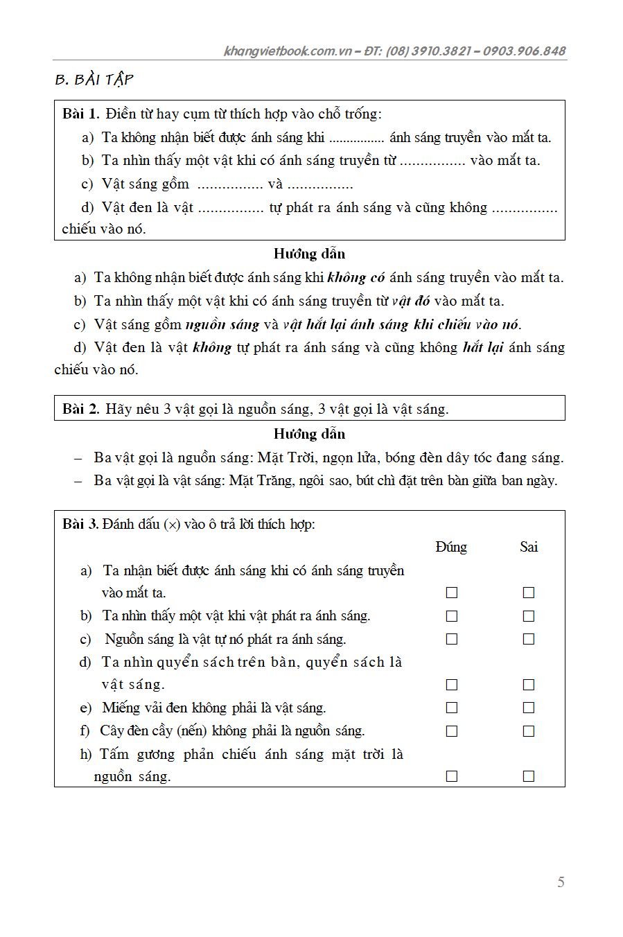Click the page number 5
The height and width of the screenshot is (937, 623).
[x=561, y=882]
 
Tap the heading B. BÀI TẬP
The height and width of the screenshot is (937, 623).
[x=94, y=80]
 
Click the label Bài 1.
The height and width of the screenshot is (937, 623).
[x=80, y=114]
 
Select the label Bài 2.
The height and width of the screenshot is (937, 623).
[x=80, y=409]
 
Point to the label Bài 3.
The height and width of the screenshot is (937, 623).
[x=80, y=524]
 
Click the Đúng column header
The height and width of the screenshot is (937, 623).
[x=451, y=547]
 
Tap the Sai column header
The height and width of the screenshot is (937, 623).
[x=529, y=547]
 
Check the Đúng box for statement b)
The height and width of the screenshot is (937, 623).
[x=452, y=616]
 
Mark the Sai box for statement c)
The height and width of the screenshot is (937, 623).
[x=529, y=639]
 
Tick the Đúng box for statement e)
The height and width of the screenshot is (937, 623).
[x=452, y=708]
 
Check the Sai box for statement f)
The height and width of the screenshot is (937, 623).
[x=529, y=731]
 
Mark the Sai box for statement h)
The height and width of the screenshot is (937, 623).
[x=529, y=776]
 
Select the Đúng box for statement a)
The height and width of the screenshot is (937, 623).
[x=452, y=593]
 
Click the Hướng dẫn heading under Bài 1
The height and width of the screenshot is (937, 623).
[x=309, y=254]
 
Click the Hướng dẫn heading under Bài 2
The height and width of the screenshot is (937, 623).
[x=309, y=434]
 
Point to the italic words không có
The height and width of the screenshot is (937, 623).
[x=356, y=278]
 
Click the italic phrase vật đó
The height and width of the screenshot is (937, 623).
[x=410, y=301]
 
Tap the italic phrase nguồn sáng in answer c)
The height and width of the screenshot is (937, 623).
[x=222, y=324]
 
